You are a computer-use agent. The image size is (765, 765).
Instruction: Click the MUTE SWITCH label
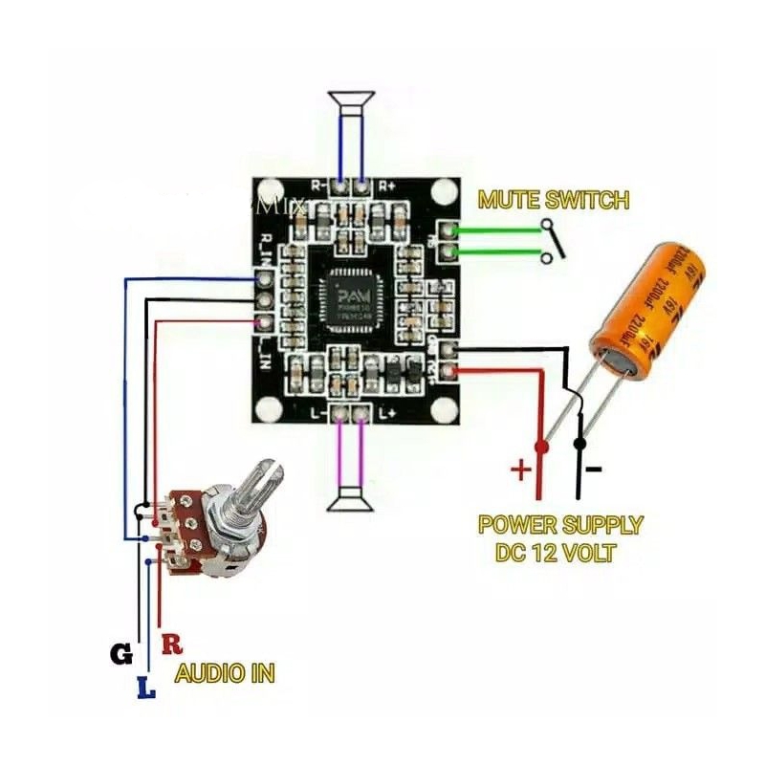554,201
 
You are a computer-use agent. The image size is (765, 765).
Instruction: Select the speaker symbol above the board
351,99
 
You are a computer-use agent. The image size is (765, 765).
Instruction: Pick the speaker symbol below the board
350,501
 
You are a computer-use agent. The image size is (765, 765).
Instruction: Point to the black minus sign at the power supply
594,469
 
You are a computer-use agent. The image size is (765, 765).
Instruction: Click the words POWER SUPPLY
560,525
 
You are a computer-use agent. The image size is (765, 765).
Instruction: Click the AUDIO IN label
225,673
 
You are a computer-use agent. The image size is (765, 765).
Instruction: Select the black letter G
120,655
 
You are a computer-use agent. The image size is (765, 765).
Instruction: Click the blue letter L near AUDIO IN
145,687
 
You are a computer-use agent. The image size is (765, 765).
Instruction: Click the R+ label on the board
388,186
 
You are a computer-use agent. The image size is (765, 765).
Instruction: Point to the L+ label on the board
388,413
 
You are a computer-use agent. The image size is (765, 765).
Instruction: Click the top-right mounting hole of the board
441,193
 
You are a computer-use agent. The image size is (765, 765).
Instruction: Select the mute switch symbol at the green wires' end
552,242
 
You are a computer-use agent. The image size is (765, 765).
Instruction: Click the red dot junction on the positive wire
541,447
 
